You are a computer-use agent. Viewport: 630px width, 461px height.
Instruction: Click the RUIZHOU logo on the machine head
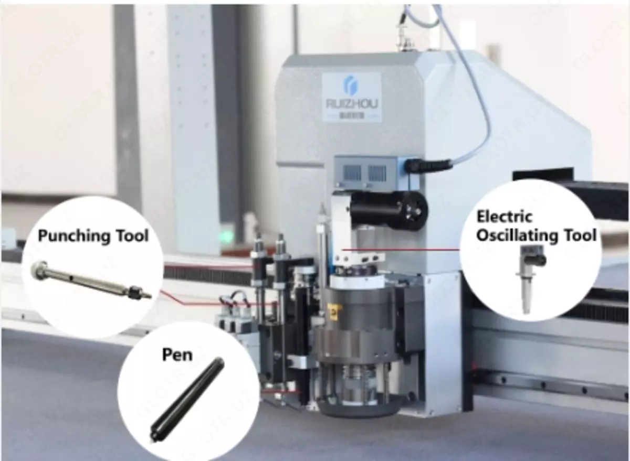point(351,97)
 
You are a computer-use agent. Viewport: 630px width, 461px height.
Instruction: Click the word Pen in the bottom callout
point(177,355)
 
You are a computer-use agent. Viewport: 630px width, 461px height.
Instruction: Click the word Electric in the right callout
point(504,216)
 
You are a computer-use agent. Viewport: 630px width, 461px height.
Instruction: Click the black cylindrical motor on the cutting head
point(388,210)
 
